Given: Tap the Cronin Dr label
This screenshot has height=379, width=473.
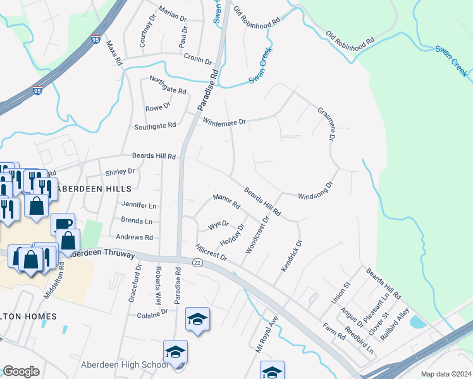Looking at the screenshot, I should coord(198,59).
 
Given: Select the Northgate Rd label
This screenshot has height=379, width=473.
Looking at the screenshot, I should coord(168,85).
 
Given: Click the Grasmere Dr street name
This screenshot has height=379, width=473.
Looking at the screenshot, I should coord(326,124).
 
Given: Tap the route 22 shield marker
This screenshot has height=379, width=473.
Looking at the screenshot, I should coord(197,263).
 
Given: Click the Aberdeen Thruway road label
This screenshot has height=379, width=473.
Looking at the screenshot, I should coord(105,253).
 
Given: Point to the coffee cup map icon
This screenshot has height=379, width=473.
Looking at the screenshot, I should coord(63,223).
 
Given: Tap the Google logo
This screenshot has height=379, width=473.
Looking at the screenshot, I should coord(21,371).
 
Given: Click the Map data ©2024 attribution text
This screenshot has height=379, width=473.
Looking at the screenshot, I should coord(446,374).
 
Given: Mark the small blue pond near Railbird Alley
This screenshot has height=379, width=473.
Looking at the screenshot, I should coord(417,322).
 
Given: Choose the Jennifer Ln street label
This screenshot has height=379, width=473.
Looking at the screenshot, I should coord(138,205).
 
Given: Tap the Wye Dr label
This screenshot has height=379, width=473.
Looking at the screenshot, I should coord(218,225).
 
